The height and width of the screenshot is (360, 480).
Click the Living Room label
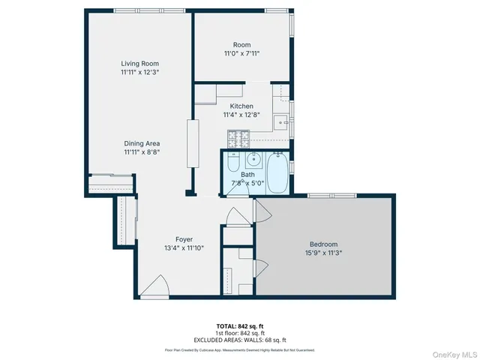point(140,64)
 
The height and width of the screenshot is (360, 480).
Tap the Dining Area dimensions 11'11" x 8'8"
point(142,151)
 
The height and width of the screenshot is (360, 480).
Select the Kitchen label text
point(241,106)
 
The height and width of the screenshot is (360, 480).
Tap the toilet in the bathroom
point(232,163)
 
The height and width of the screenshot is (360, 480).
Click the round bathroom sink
point(253,159)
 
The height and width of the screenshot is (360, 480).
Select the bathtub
point(276,172)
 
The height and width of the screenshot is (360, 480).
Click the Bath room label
point(247,175)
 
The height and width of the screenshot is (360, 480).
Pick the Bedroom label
point(324,244)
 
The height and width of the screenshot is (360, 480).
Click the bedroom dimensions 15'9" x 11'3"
point(324,253)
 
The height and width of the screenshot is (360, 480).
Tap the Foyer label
point(184,239)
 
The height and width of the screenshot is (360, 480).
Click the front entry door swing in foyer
point(154,286)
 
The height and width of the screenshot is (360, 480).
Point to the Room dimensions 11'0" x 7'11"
point(241,53)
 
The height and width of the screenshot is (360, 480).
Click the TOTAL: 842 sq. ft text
point(240,325)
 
